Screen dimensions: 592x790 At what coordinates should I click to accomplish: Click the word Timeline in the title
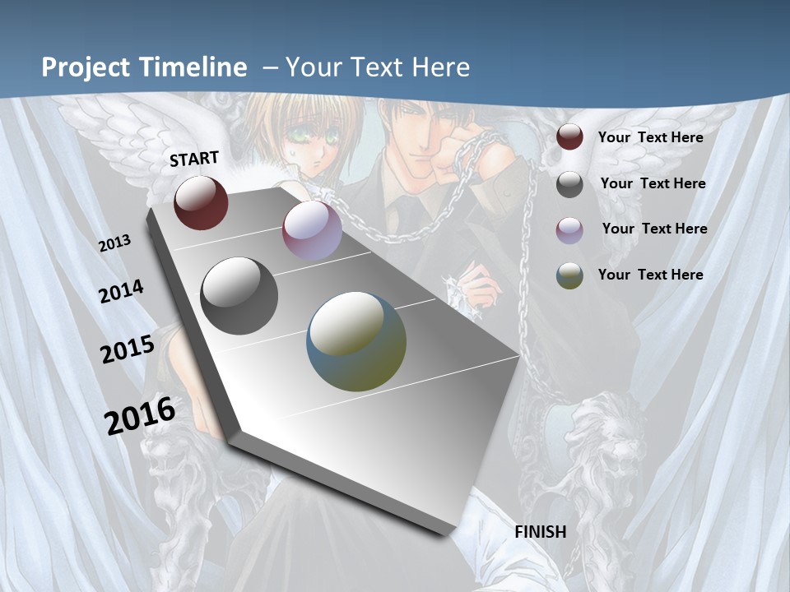point(193,67)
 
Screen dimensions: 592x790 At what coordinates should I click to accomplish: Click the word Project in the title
point(86,67)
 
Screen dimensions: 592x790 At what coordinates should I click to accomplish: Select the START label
point(194,158)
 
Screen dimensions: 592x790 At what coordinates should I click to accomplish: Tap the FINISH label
point(540,531)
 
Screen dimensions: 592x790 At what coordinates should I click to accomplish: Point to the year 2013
point(115,243)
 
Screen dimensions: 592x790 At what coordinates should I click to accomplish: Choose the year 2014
point(122,292)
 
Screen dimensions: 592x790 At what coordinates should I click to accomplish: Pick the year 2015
point(128,349)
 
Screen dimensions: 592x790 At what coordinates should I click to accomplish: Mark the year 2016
point(140,415)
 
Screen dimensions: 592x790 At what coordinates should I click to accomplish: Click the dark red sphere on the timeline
point(202,202)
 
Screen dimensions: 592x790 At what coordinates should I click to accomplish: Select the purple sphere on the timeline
point(312,230)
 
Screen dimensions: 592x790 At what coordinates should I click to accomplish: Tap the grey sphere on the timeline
point(239,296)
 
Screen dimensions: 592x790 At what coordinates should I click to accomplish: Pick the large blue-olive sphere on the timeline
point(356,341)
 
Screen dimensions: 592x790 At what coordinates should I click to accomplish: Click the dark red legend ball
point(569,137)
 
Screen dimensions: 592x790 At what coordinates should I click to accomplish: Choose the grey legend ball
point(569,184)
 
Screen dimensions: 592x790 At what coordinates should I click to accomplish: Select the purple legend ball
point(569,229)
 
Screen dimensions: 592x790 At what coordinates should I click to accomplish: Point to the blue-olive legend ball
point(569,275)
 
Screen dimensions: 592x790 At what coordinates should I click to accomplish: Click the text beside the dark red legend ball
point(650,137)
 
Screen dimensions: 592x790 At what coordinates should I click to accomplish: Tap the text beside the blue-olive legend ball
point(650,274)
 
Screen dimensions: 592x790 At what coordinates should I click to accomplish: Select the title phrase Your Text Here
point(378,67)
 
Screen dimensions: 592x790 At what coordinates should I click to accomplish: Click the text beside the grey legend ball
point(653,183)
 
